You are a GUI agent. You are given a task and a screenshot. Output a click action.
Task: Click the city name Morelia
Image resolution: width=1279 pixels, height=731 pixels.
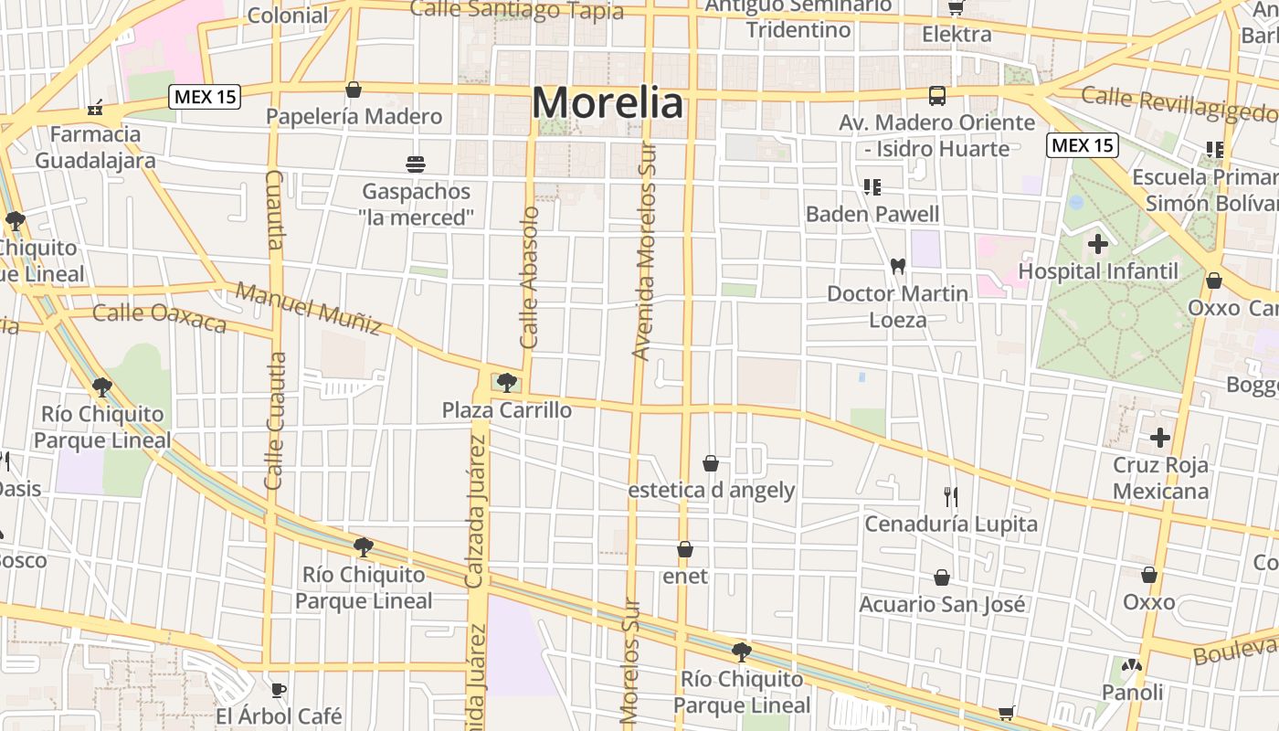tap(608, 103)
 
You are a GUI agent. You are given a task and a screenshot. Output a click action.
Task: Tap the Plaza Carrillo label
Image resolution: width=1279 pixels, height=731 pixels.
tap(507, 410)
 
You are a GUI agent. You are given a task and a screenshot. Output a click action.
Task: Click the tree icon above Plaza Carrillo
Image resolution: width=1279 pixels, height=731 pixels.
tap(507, 383)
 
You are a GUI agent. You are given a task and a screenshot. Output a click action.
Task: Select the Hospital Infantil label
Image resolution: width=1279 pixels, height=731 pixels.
tap(1098, 271)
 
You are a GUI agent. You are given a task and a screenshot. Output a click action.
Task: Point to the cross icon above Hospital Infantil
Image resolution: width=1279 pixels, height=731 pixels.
tap(1098, 244)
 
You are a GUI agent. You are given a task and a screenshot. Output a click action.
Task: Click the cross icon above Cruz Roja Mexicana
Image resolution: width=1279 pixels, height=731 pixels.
tap(1160, 438)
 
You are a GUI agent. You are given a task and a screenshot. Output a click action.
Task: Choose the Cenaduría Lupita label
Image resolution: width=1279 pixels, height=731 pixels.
tap(951, 524)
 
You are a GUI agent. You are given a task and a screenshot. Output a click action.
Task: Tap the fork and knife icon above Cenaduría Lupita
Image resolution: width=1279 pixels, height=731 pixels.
tap(951, 497)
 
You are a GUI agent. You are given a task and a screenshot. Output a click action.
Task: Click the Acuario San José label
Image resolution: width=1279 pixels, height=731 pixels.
tap(942, 605)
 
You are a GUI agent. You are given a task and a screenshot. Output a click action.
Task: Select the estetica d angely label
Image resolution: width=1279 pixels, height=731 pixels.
tap(712, 491)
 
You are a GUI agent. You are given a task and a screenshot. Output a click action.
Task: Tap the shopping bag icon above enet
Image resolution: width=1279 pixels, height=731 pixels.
tap(685, 550)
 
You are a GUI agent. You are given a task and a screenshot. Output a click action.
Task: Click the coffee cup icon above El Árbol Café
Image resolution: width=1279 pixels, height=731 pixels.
tap(279, 689)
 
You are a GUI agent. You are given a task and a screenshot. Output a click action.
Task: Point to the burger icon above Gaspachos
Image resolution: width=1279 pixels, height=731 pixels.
tap(416, 164)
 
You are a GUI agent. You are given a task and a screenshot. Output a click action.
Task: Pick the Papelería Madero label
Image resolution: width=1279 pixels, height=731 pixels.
tap(354, 117)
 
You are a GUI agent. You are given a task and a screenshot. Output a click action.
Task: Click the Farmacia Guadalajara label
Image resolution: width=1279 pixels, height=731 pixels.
tap(95, 147)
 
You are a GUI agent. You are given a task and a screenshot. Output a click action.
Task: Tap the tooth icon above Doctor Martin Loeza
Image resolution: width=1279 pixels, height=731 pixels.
tap(897, 266)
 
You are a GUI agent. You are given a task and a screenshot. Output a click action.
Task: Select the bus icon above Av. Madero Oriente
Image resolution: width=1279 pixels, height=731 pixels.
tap(937, 95)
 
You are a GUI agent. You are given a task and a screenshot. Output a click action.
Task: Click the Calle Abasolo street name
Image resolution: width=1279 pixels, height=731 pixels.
tap(530, 277)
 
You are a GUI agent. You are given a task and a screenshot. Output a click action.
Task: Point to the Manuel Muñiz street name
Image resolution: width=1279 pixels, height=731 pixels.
tap(308, 308)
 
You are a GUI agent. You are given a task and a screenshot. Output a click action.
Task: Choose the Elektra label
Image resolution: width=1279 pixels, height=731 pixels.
tap(957, 35)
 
